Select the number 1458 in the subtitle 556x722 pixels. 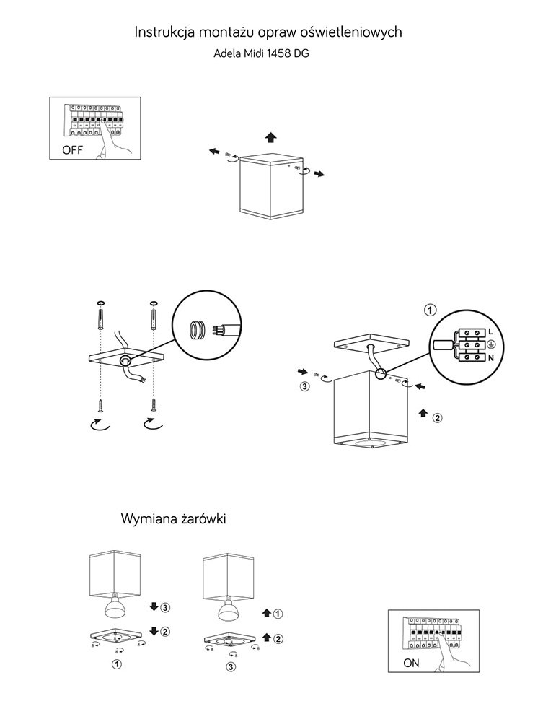coord(278,53)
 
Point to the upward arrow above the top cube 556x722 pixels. coord(270,137)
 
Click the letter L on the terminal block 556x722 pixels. coord(490,331)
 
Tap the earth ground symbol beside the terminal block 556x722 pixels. coord(490,344)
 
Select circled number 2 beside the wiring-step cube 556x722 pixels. coord(437,417)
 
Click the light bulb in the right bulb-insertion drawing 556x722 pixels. coord(230,610)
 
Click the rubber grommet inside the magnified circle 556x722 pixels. coord(197,330)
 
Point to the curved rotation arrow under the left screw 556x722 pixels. coord(98,425)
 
